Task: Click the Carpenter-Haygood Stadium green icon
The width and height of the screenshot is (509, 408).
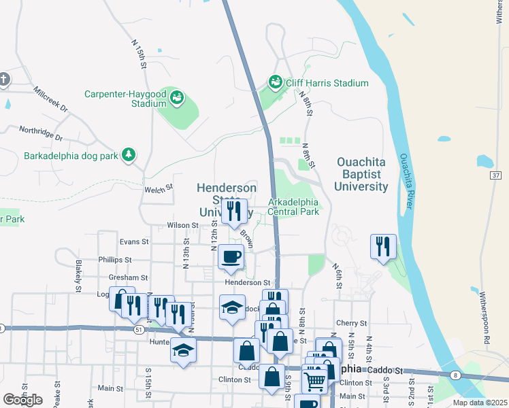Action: (x=177, y=97)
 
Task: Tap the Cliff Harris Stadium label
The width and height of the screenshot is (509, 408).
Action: (x=327, y=83)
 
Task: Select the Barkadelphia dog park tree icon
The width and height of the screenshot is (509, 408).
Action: (x=128, y=155)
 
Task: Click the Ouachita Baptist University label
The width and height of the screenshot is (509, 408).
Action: (x=362, y=174)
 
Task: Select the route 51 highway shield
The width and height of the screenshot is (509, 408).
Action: (x=139, y=330)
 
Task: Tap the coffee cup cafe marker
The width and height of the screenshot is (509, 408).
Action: (x=230, y=257)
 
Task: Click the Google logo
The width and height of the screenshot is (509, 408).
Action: (x=22, y=399)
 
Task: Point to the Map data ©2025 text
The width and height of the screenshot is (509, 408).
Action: (x=479, y=403)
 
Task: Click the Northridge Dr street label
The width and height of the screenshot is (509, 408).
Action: (x=40, y=133)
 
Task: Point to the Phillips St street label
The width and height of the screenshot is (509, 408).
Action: (x=114, y=260)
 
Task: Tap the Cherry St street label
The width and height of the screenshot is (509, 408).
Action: (x=351, y=323)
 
